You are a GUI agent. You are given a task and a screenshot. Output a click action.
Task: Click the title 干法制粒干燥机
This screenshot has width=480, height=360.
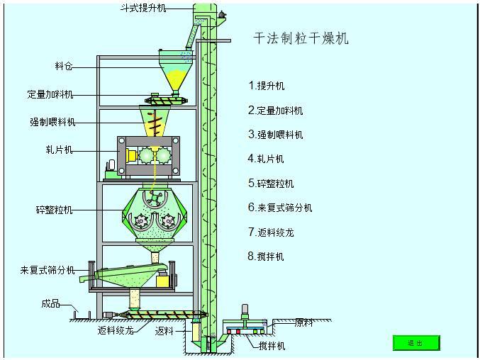coord(301,38)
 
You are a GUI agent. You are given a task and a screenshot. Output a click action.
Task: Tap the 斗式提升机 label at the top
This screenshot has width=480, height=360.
coord(142,8)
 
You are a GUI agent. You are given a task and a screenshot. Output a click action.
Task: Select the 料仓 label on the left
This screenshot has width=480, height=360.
coord(64,67)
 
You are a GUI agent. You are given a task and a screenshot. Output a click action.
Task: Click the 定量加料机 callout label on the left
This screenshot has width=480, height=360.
coord(50,94)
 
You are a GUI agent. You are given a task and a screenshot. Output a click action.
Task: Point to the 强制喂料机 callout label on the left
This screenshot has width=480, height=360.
coord(52,122)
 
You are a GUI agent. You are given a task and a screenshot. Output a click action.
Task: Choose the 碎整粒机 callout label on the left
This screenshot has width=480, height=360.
coord(54,210)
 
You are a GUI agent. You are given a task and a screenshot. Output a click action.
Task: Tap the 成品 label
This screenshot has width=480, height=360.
coord(50,304)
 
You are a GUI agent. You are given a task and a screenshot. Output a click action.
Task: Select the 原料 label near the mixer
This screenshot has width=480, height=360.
coord(303,322)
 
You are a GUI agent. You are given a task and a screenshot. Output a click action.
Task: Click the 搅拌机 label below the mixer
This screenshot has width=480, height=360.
coord(272,346)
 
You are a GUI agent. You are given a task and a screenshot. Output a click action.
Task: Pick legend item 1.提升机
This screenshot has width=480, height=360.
coord(267,86)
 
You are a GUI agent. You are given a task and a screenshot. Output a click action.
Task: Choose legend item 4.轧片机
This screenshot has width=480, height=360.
coord(266,159)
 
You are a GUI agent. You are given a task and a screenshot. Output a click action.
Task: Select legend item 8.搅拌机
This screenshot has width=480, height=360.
coord(266,256)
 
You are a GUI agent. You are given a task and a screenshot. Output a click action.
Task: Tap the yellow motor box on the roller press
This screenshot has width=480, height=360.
coord(131,155)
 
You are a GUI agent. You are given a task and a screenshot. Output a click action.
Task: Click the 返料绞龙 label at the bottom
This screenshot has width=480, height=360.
coord(115,330)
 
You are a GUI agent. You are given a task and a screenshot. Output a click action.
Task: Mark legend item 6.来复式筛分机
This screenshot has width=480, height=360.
coord(280,208)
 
